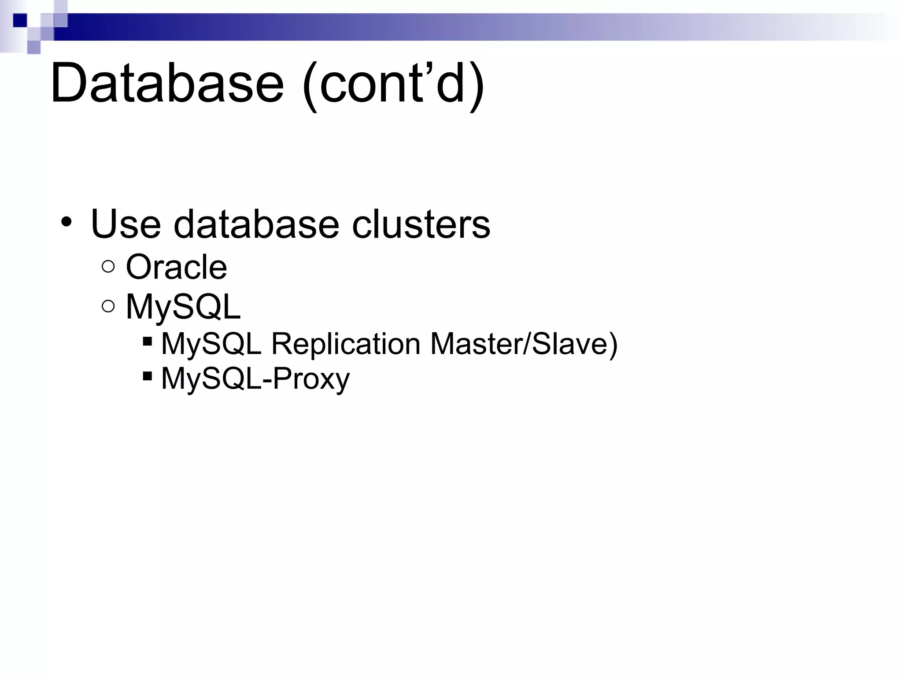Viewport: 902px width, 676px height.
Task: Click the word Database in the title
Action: coord(167,84)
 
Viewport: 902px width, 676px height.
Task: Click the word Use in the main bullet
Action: coord(126,224)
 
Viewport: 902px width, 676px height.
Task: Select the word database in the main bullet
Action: coord(256,224)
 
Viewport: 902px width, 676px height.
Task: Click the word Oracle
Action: coord(176,267)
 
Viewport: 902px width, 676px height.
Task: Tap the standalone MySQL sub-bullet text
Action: coord(183,307)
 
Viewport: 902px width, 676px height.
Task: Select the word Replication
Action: coord(346,344)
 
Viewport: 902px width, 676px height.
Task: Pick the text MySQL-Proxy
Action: coord(255,378)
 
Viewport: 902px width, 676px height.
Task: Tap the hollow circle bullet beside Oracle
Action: coord(108,267)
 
